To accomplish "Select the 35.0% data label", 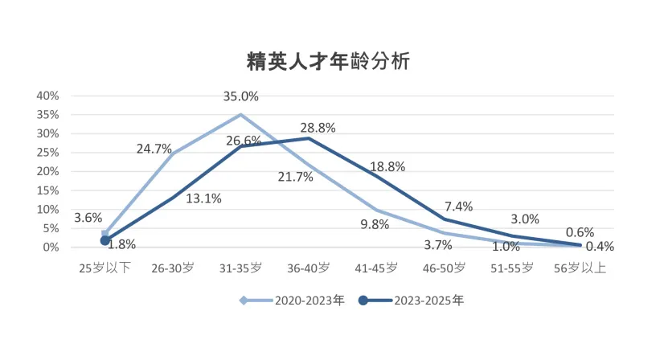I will pos(240,96).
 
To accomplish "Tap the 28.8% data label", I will pos(318,128).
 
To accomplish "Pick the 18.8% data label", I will pos(387,166).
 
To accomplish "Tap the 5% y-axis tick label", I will pos(51,228).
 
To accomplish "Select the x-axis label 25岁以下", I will pos(105,268).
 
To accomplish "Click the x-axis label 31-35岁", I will pos(240,268).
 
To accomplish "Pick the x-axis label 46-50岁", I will pos(444,268).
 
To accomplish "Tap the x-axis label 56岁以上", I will pos(580,268).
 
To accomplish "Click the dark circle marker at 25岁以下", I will pos(105,240).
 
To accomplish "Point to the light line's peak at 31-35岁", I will pos(240,114).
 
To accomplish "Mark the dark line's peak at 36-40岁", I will pos(308,138).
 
